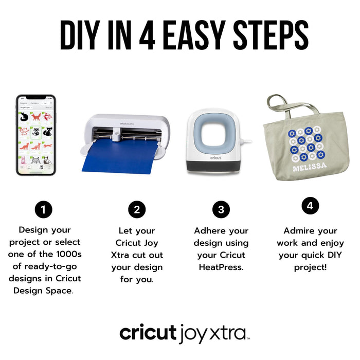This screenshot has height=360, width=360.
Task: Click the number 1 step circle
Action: [44, 209]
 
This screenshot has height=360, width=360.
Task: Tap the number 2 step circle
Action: [137, 209]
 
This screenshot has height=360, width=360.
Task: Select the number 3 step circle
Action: [221, 209]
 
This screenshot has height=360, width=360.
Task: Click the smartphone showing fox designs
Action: [35, 135]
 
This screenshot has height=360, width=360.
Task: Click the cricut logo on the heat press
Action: [215, 158]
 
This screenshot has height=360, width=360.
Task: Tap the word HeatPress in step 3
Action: [221, 267]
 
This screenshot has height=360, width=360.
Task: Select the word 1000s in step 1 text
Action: [68, 254]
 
